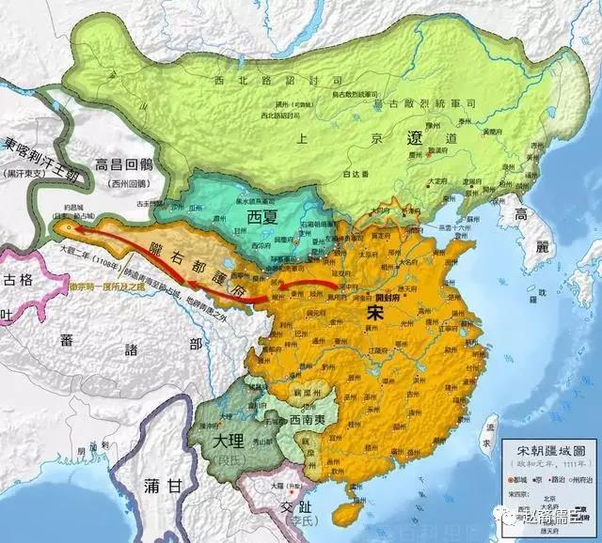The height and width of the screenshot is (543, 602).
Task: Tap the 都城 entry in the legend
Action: click(523, 477)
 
